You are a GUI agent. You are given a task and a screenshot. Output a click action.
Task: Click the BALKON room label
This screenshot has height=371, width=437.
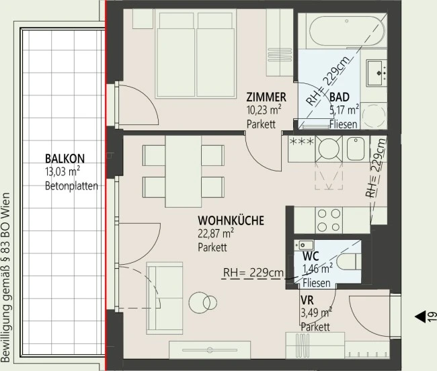point(65,159)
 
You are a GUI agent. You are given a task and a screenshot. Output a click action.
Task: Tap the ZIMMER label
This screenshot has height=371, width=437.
point(266,97)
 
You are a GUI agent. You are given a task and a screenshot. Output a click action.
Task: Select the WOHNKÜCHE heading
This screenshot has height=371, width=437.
point(231,220)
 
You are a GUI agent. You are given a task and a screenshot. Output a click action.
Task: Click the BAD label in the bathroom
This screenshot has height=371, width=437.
point(339,97)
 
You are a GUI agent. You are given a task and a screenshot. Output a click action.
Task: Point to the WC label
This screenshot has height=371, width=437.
point(311,255)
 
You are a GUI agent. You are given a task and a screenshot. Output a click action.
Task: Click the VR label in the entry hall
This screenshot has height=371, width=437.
point(307,300)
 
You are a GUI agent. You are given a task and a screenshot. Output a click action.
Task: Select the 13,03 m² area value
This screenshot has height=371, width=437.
point(63,171)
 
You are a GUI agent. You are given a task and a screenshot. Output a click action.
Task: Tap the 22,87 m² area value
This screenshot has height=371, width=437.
point(216,233)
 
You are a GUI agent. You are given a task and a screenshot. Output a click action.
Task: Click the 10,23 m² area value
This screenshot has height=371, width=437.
point(264,110)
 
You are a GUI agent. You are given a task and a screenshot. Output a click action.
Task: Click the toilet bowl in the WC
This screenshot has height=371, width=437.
point(348,262)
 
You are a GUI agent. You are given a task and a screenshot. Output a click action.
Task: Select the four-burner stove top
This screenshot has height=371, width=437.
point(329,220)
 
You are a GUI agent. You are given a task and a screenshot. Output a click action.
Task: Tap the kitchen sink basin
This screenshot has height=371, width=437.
point(356,149)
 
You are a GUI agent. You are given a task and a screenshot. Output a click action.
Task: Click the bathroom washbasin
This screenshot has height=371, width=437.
point(376,72)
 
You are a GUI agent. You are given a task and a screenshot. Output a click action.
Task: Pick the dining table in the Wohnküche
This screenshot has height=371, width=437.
point(183,171)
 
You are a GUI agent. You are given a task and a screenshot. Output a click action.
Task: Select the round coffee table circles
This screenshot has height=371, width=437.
point(202,302)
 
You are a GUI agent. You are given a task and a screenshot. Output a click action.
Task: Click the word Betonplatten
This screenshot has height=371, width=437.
point(71,185)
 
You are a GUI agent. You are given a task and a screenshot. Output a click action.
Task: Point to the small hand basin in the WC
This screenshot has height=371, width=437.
point(305,245)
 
